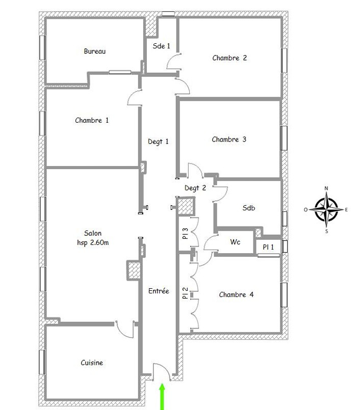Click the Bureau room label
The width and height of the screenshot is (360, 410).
click(x=95, y=51)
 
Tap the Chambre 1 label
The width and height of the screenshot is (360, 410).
click(x=92, y=120)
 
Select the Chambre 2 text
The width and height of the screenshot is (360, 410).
click(x=229, y=58)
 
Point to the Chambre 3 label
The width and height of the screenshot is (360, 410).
click(x=229, y=140)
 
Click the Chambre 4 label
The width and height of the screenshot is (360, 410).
click(x=236, y=295)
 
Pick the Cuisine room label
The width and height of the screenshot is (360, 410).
click(x=92, y=363)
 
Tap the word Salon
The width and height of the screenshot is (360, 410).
click(x=93, y=233)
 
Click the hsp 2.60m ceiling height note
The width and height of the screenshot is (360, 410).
click(x=93, y=242)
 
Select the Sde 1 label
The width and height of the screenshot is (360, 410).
click(x=161, y=46)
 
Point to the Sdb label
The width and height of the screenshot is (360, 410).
click(x=249, y=208)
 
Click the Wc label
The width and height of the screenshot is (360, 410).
click(x=235, y=242)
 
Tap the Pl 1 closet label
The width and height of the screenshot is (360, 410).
click(x=268, y=247)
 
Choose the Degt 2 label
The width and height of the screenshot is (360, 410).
click(x=195, y=188)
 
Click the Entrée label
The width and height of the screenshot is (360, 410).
click(x=159, y=291)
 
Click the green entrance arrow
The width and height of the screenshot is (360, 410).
click(x=162, y=396)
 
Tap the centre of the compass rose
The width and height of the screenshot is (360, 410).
click(x=326, y=209)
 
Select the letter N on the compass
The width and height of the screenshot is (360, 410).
click(x=326, y=188)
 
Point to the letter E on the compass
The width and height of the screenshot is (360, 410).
click(x=346, y=210)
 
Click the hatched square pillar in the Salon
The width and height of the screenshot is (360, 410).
click(x=134, y=270)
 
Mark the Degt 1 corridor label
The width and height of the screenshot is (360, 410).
click(x=158, y=142)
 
